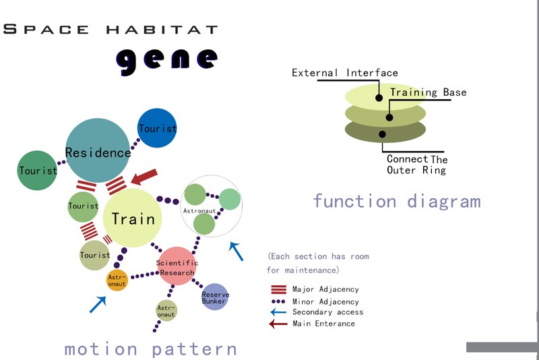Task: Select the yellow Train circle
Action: [133, 218]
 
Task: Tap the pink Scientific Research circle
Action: [177, 266]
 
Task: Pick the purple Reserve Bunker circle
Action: [215, 297]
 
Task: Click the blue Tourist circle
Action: [157, 127]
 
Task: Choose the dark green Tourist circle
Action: [38, 170]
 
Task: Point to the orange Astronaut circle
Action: [117, 280]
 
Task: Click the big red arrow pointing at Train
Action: [144, 177]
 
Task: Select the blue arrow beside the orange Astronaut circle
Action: [98, 304]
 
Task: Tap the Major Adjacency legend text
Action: [325, 290]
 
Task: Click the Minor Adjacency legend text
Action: [325, 301]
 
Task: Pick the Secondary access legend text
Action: [327, 312]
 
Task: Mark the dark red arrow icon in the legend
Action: [278, 324]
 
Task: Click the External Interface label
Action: [344, 73]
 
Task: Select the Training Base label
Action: [428, 92]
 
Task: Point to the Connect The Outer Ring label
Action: [416, 164]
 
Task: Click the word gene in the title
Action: [167, 59]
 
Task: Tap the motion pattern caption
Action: [150, 349]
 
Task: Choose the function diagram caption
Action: [396, 201]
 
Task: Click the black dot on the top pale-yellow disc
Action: [379, 98]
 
